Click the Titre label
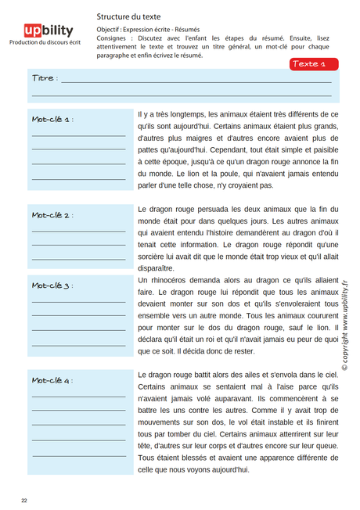coord(43,79)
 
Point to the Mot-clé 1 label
coord(52,119)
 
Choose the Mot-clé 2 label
coord(52,214)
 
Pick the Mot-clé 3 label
coord(52,286)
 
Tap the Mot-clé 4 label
coord(52,380)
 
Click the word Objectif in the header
coord(110,28)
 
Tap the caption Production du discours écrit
coord(45,44)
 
